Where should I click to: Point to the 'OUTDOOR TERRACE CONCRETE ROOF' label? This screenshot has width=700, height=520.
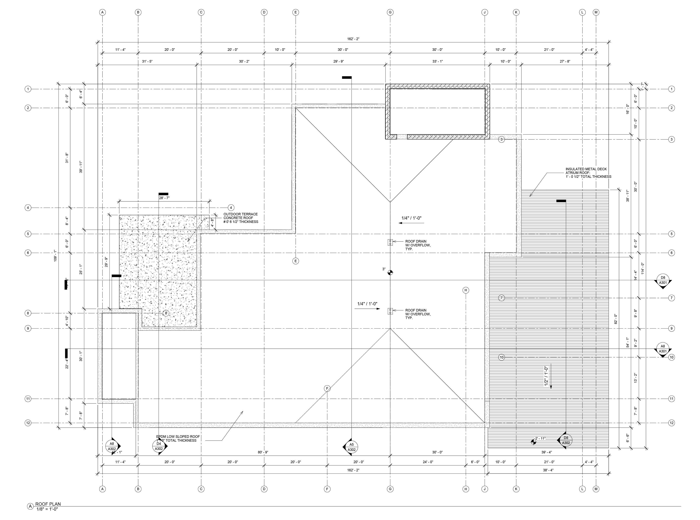[x=240, y=218]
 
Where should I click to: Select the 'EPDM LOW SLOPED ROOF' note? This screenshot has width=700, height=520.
[x=178, y=439]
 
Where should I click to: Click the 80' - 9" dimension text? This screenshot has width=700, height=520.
[x=263, y=452]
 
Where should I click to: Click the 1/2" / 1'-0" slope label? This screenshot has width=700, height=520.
[x=546, y=376]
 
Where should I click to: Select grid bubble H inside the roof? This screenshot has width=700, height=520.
[x=466, y=290]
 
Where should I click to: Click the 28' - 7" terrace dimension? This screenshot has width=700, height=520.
[x=164, y=198]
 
